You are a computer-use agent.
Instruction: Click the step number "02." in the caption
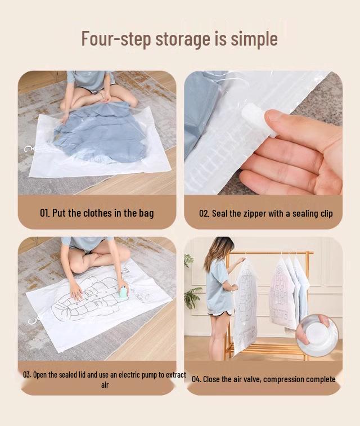click(204, 214)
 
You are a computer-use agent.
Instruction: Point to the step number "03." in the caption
click(27, 375)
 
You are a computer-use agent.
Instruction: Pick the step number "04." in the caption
click(196, 379)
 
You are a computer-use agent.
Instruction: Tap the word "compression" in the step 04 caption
click(285, 379)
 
